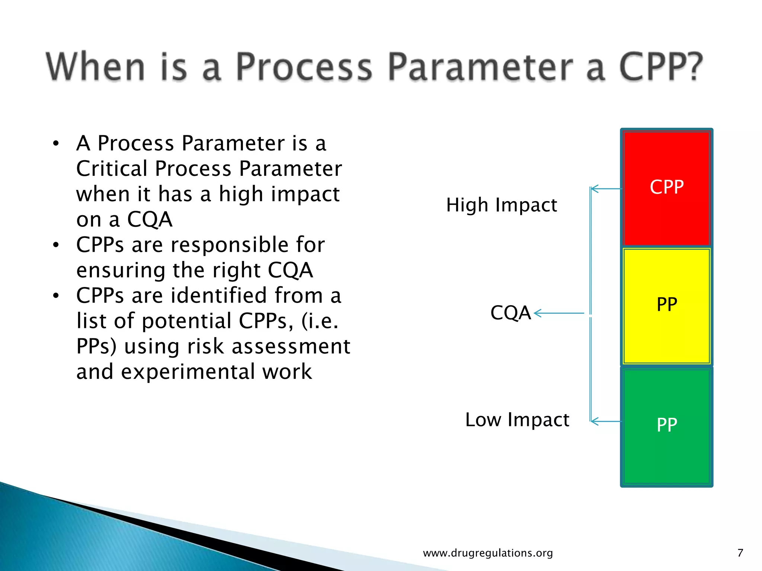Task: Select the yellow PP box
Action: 666,306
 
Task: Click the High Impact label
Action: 501,205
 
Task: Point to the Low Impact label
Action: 517,420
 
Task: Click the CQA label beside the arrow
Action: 510,313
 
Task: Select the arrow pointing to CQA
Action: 559,313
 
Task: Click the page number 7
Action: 740,553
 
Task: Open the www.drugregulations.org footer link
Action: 488,553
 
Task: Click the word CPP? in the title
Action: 661,67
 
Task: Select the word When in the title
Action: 95,67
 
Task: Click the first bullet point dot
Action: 56,143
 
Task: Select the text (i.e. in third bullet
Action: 320,321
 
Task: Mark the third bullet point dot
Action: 56,296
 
